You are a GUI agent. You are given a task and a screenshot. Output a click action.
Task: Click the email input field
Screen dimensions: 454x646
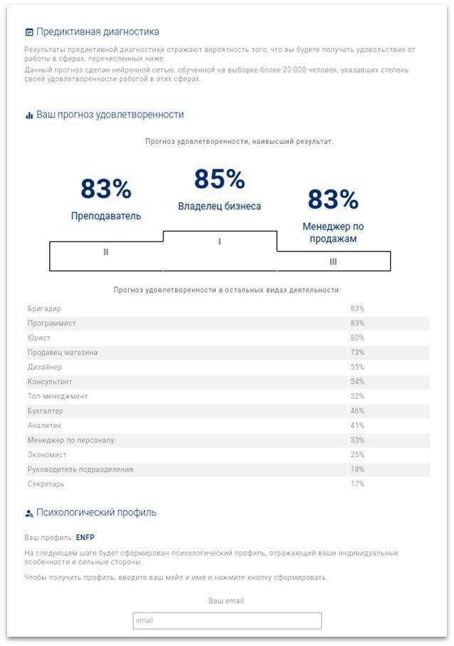click(x=227, y=620)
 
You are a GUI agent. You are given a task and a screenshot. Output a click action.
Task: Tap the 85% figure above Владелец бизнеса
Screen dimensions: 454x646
click(x=219, y=179)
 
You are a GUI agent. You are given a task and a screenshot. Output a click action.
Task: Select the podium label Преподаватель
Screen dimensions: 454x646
click(x=106, y=216)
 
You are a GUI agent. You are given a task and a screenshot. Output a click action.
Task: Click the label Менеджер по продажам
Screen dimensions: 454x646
click(x=333, y=232)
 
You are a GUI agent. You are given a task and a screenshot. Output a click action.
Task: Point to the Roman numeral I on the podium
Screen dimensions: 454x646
click(x=219, y=241)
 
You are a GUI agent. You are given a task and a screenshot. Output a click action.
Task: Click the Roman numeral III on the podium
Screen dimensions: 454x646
click(x=333, y=261)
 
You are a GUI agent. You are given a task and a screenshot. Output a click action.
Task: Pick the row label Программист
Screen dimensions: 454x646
click(x=51, y=323)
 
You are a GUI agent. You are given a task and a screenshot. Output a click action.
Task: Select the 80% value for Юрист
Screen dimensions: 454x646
click(x=357, y=338)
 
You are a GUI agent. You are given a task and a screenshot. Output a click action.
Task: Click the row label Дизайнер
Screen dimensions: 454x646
click(x=44, y=367)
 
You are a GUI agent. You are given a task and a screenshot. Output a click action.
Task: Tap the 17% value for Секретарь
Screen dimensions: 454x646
click(x=357, y=484)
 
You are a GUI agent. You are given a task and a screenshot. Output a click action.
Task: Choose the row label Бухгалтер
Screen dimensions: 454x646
click(x=46, y=411)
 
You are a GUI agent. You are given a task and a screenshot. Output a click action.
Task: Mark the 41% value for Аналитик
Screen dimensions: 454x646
click(x=357, y=426)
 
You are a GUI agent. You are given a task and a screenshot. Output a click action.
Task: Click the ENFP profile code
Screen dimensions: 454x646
click(x=85, y=537)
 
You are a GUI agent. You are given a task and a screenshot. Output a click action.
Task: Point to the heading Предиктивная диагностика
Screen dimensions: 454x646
click(x=97, y=32)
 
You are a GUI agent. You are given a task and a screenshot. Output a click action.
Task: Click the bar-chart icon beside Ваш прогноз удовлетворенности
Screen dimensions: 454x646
click(x=29, y=115)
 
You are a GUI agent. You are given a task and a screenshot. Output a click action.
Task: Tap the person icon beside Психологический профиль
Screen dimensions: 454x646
click(x=28, y=514)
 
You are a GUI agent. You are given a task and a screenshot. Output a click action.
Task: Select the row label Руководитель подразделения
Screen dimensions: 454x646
click(x=80, y=469)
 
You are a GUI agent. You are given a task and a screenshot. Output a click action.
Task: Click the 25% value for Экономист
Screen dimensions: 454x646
click(x=357, y=455)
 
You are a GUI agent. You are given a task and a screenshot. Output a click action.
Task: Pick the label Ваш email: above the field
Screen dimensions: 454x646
click(x=227, y=600)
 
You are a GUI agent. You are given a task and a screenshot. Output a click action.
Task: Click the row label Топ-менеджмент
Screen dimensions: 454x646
click(x=58, y=396)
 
